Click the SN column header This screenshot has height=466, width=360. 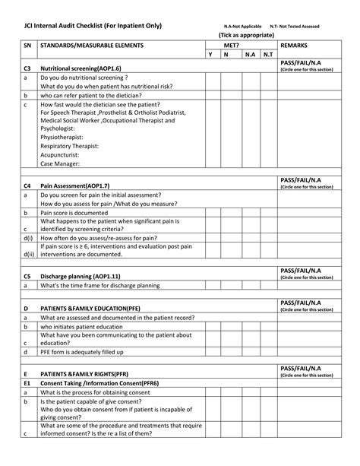[27, 46]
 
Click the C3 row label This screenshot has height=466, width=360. [27, 68]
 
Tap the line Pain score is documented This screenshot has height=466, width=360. [77, 214]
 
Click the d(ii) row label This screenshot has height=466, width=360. [28, 255]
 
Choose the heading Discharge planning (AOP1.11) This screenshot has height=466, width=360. [80, 277]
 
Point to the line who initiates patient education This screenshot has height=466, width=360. [81, 326]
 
